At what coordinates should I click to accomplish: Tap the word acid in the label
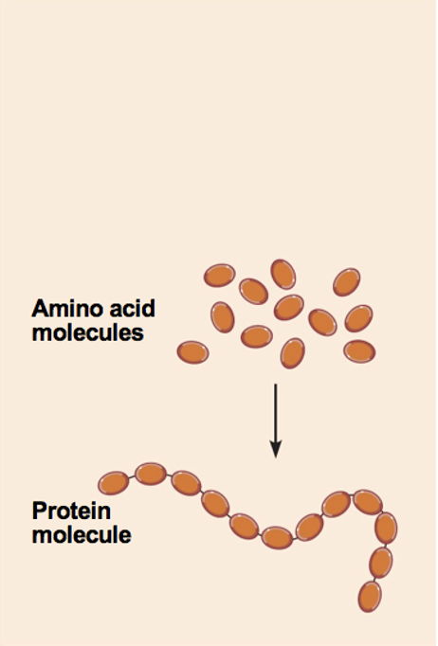pyautogui.click(x=134, y=308)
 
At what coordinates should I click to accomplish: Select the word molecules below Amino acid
pyautogui.click(x=88, y=332)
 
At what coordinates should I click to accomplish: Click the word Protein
pyautogui.click(x=71, y=511)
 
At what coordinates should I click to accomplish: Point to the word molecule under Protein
pyautogui.click(x=82, y=535)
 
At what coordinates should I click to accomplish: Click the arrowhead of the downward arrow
pyautogui.click(x=276, y=449)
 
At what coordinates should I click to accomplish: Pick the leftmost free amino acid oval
pyautogui.click(x=193, y=352)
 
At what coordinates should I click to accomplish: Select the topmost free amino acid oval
pyautogui.click(x=283, y=274)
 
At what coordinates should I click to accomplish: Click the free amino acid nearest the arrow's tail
pyautogui.click(x=292, y=353)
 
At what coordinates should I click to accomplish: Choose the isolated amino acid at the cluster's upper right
pyautogui.click(x=346, y=282)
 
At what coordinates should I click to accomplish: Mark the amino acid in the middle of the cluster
pyautogui.click(x=289, y=307)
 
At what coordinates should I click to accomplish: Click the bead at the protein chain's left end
pyautogui.click(x=114, y=483)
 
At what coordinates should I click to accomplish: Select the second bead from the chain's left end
pyautogui.click(x=151, y=475)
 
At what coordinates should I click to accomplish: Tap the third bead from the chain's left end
pyautogui.click(x=186, y=483)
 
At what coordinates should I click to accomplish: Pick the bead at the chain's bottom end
pyautogui.click(x=370, y=597)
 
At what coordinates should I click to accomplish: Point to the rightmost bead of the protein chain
pyautogui.click(x=386, y=528)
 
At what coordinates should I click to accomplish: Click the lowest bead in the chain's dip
pyautogui.click(x=277, y=538)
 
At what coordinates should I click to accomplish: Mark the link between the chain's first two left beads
pyautogui.click(x=132, y=478)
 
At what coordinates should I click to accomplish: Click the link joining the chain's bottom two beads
pyautogui.click(x=375, y=580)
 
